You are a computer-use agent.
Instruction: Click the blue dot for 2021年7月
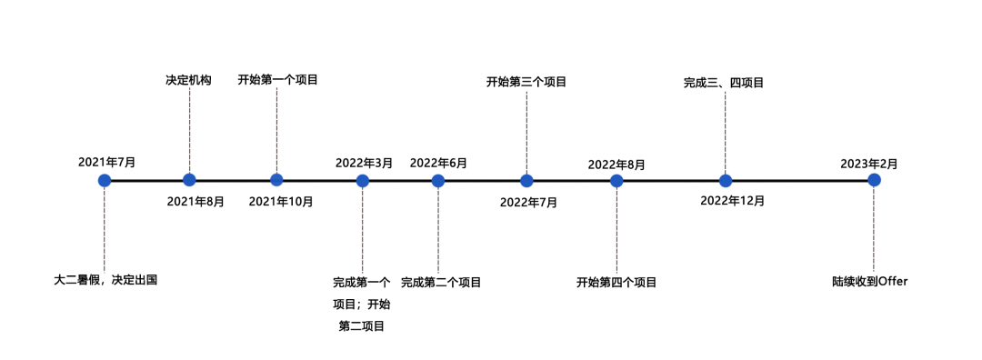105,180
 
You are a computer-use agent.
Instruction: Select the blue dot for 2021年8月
189,180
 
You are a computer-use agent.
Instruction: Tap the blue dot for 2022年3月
363,180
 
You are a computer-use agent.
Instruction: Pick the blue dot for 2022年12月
726,180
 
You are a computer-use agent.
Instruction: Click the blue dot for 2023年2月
874,180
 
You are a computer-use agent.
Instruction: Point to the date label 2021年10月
281,201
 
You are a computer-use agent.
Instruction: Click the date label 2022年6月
438,163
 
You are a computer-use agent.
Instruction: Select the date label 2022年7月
528,202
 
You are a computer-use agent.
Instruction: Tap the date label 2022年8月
616,165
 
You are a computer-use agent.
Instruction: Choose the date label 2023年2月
869,164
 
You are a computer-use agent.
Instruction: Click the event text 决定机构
188,80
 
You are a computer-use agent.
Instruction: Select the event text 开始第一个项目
277,80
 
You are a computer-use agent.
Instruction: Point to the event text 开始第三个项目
526,82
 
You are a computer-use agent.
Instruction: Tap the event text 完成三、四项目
724,83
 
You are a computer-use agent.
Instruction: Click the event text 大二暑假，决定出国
105,280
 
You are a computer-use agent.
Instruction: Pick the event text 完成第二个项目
441,283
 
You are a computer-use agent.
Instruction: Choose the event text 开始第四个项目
616,283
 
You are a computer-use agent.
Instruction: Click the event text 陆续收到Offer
870,282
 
